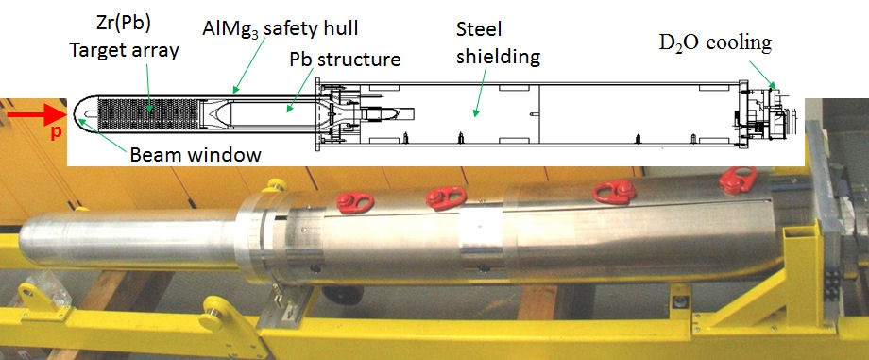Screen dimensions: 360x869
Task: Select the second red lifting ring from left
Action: click(x=440, y=197)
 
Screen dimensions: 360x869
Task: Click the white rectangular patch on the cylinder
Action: click(x=477, y=231)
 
